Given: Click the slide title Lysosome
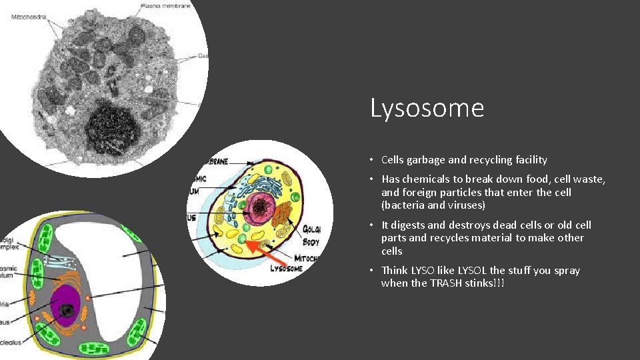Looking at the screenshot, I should pyautogui.click(x=427, y=108).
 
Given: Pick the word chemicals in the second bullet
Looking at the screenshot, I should pyautogui.click(x=431, y=179).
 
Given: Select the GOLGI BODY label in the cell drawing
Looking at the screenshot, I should pyautogui.click(x=311, y=235).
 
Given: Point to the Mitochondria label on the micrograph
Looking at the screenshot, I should pyautogui.click(x=29, y=16).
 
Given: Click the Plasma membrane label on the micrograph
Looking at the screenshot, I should pyautogui.click(x=166, y=6).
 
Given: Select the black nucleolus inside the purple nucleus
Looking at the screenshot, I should pyautogui.click(x=67, y=310).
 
